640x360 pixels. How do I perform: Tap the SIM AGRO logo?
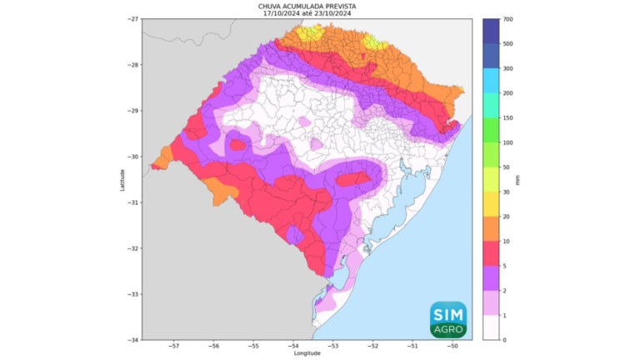448,320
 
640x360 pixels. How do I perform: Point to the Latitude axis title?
122,179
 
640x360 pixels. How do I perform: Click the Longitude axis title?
307,353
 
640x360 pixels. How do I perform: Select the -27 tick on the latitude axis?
133,18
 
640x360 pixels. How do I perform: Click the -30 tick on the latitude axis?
133,157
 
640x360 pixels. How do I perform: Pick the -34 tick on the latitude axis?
133,340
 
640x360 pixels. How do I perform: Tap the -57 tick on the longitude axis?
174,346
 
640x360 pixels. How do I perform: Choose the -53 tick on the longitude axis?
332,346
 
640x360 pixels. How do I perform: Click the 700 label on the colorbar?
507,18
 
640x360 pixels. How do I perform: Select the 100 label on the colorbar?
507,143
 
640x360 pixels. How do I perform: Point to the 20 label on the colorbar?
506,217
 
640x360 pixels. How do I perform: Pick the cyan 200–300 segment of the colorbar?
491,81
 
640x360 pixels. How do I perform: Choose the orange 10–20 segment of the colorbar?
491,229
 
